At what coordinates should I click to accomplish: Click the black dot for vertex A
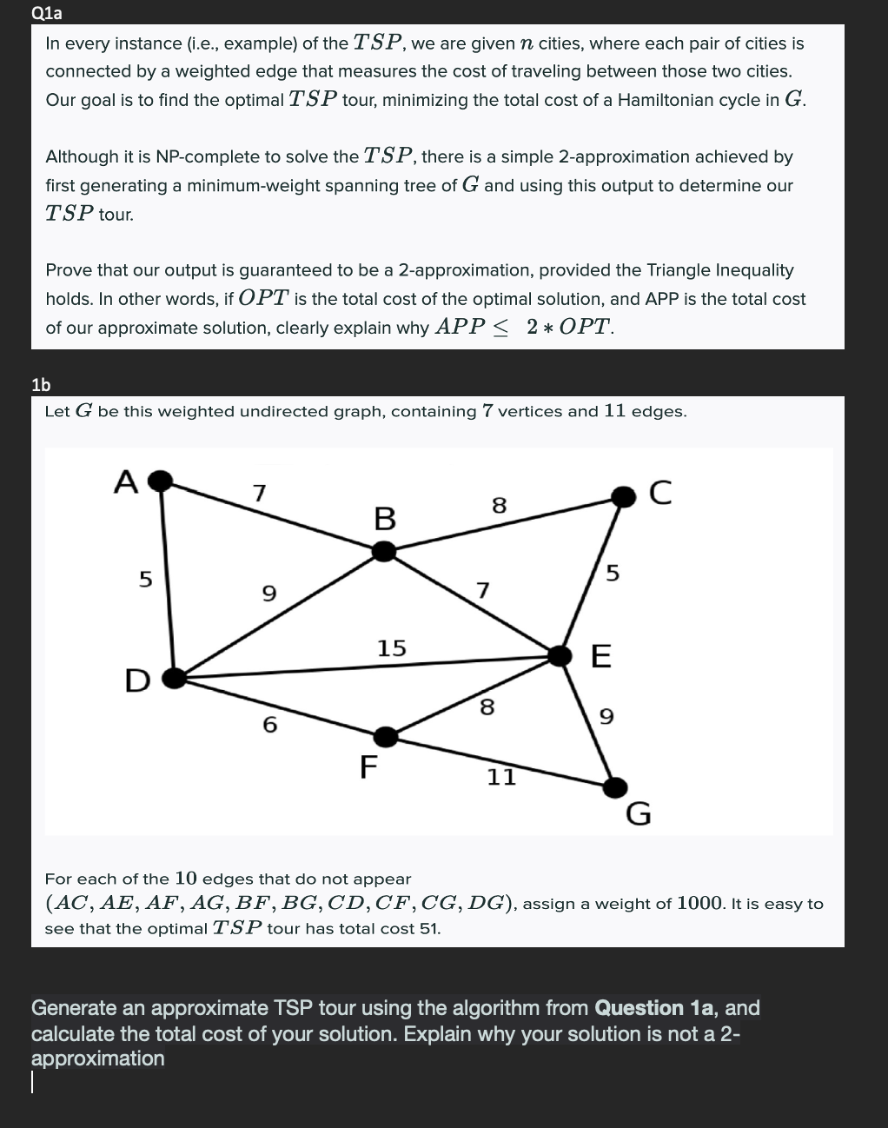(x=160, y=481)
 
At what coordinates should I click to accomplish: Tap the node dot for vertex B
(x=384, y=551)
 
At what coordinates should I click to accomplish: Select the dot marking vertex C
(x=623, y=496)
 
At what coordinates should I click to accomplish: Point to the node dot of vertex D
(x=175, y=678)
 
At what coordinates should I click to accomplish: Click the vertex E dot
(x=560, y=655)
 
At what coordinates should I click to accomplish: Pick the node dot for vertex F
(x=386, y=737)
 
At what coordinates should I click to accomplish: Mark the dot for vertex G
(x=615, y=787)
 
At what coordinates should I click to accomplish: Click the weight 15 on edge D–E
(x=391, y=647)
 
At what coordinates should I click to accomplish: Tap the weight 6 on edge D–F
(x=269, y=724)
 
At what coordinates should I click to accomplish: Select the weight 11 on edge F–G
(x=501, y=777)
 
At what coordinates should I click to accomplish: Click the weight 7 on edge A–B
(x=258, y=493)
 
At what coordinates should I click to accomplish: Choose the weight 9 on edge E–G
(x=606, y=716)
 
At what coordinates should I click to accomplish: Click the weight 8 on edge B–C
(x=499, y=505)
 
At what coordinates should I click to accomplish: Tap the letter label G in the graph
(x=639, y=814)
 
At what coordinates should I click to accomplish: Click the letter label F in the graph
(x=368, y=767)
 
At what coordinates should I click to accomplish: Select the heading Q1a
(x=46, y=13)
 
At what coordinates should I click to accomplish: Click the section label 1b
(x=41, y=384)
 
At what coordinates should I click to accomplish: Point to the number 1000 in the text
(x=700, y=903)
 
